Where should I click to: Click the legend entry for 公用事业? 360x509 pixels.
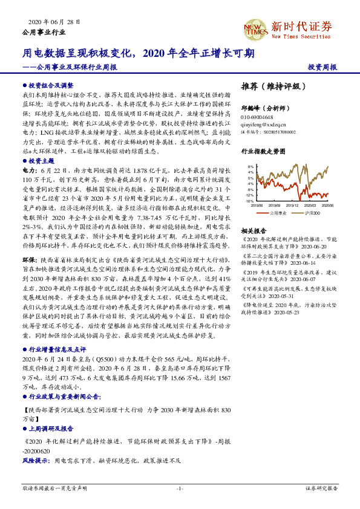point(275,213)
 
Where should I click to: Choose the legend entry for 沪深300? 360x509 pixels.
point(309,213)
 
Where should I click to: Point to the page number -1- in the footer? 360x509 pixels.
point(180,488)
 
